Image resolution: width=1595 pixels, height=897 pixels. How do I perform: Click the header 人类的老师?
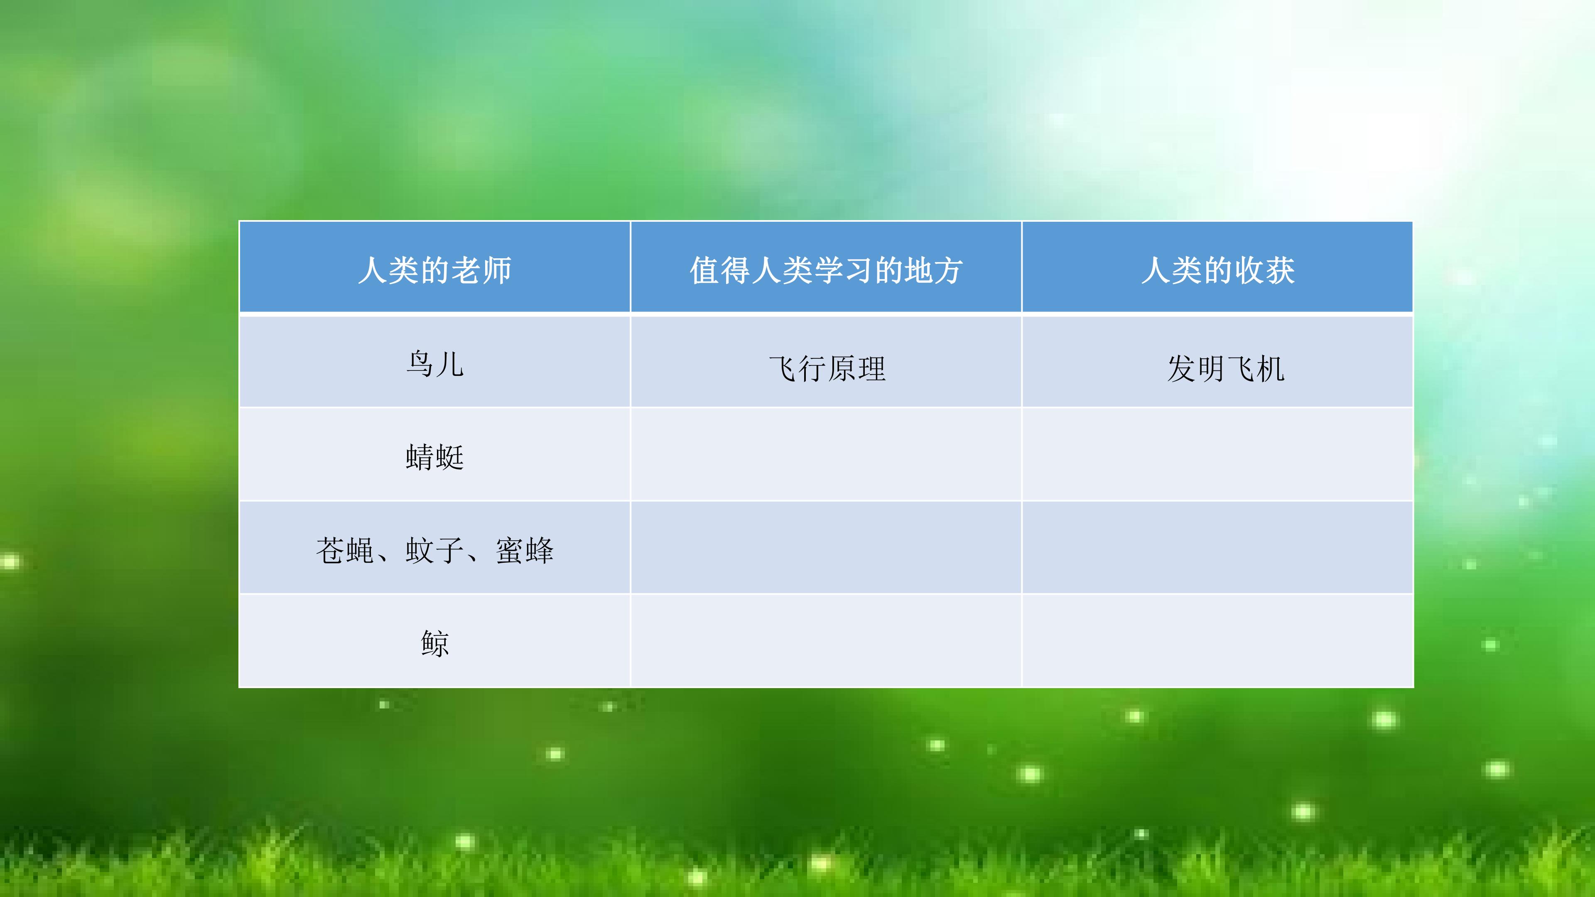pos(434,270)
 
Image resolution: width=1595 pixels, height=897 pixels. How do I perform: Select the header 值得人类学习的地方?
pos(826,270)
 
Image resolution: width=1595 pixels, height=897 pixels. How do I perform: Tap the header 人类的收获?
pos(1218,270)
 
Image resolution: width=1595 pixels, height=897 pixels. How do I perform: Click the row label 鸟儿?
pos(434,364)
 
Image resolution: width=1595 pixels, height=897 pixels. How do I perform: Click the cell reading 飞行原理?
pos(827,369)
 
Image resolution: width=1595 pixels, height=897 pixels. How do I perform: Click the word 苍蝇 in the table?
pos(345,550)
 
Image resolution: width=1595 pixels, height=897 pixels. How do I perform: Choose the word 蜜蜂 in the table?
pos(525,550)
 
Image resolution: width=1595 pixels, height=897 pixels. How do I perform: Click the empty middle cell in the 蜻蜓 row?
pos(826,454)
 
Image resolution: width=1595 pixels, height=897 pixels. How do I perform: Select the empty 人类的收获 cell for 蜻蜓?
pos(1217,454)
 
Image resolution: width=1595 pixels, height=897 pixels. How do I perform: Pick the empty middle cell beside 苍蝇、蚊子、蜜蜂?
pos(826,547)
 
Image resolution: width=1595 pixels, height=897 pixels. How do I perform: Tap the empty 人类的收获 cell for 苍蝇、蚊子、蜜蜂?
pos(1217,547)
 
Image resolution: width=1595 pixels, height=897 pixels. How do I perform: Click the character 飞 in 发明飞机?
pos(1241,369)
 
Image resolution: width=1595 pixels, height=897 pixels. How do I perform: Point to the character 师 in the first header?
pos(497,270)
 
